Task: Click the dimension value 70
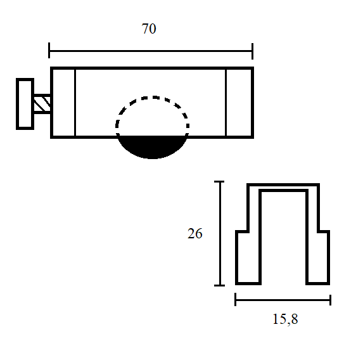[x=149, y=29]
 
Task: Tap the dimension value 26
[x=195, y=233]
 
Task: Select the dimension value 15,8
[x=285, y=319]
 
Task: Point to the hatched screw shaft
[x=42, y=104]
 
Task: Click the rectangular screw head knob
[x=25, y=104]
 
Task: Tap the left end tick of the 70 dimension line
[x=49, y=50]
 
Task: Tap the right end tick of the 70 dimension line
[x=252, y=51]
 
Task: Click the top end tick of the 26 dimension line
[x=219, y=182]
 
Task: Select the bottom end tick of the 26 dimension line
[x=219, y=285]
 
